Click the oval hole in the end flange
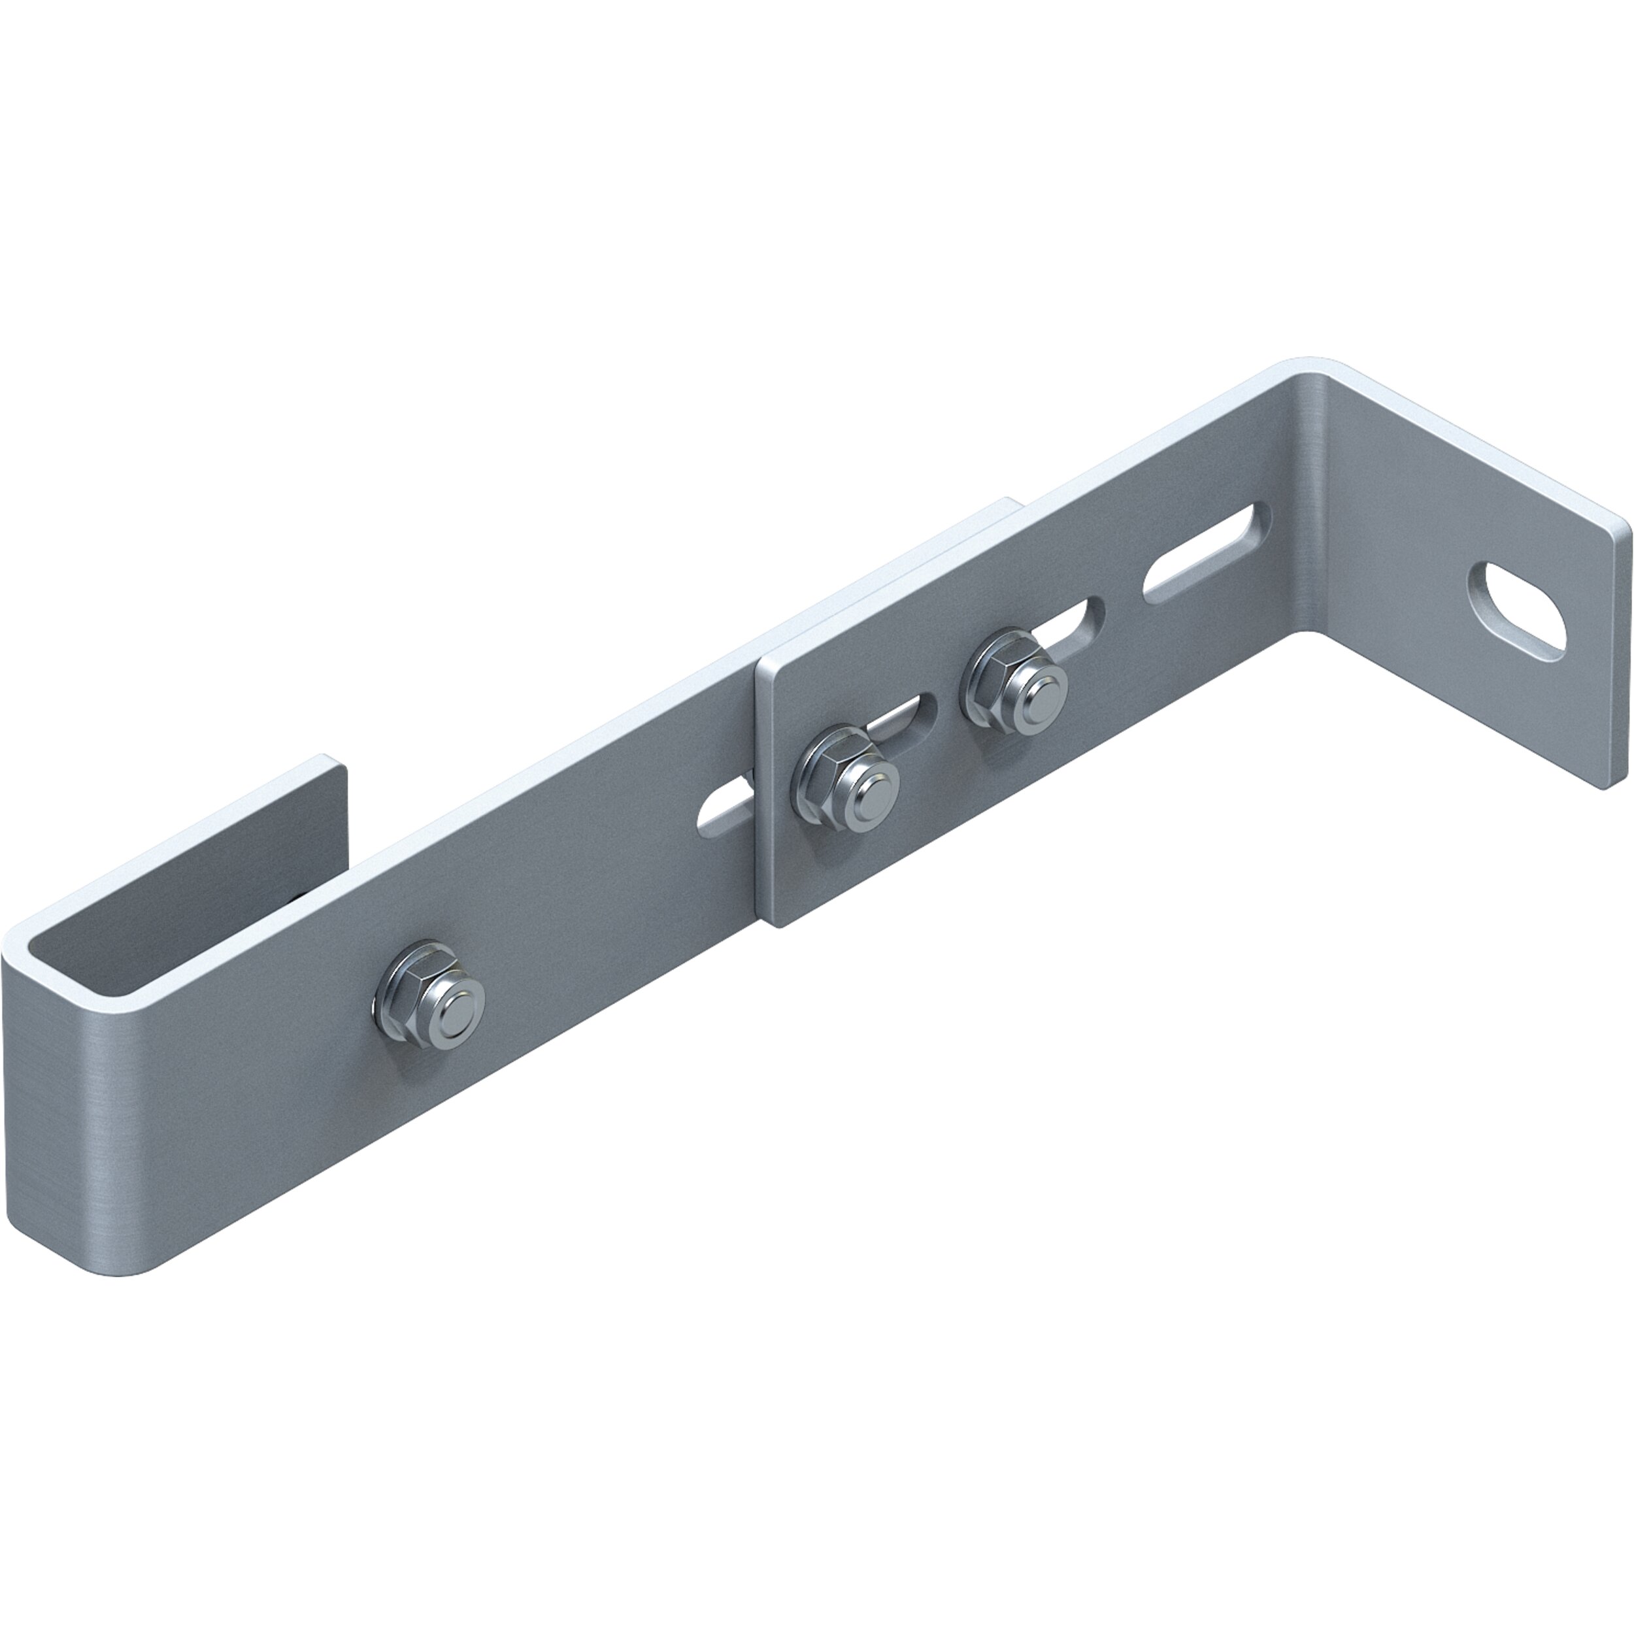[1516, 607]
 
